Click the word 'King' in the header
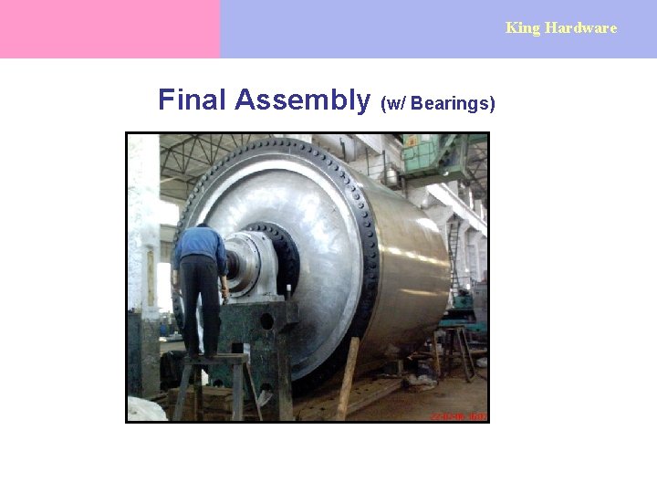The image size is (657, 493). click(523, 27)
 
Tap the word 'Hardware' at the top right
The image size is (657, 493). click(581, 27)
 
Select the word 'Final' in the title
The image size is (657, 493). click(192, 100)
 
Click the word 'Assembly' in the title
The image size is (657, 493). click(302, 100)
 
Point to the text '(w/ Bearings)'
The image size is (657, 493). click(438, 103)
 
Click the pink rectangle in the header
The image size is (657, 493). click(109, 29)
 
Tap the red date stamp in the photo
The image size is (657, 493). click(459, 415)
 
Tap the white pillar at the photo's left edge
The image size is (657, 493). click(143, 228)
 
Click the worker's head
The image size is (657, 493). click(203, 223)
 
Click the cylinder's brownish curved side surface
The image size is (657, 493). click(411, 265)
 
